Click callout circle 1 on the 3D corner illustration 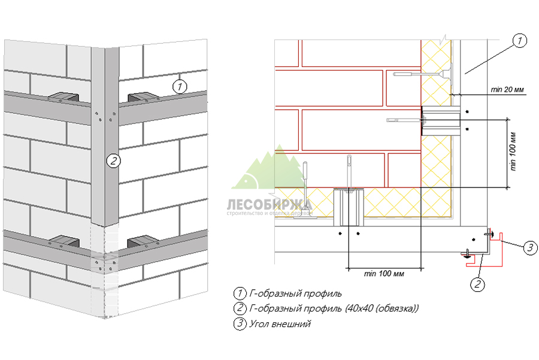(180, 86)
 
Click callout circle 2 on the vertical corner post (113, 160)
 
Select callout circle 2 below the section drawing (477, 284)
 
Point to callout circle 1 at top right (519, 41)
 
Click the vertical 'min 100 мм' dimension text (514, 153)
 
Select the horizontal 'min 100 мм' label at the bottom (384, 274)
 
